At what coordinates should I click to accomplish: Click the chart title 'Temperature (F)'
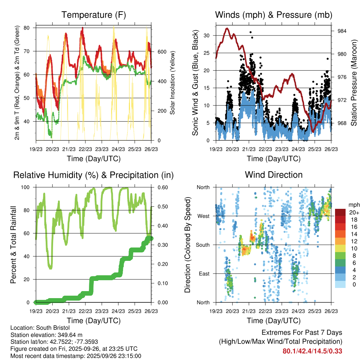(94, 15)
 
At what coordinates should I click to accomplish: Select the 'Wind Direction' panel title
(274, 175)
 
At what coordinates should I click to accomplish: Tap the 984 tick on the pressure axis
(340, 31)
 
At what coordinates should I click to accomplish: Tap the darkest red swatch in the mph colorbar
(340, 212)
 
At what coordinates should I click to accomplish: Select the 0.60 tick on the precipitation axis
(160, 187)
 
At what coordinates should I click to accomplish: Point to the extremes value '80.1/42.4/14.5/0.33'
(313, 351)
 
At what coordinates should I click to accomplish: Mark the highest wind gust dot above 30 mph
(250, 32)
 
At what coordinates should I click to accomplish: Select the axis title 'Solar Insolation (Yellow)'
(173, 83)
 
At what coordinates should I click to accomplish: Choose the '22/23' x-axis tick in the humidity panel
(85, 311)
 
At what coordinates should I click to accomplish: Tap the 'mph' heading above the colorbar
(353, 205)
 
